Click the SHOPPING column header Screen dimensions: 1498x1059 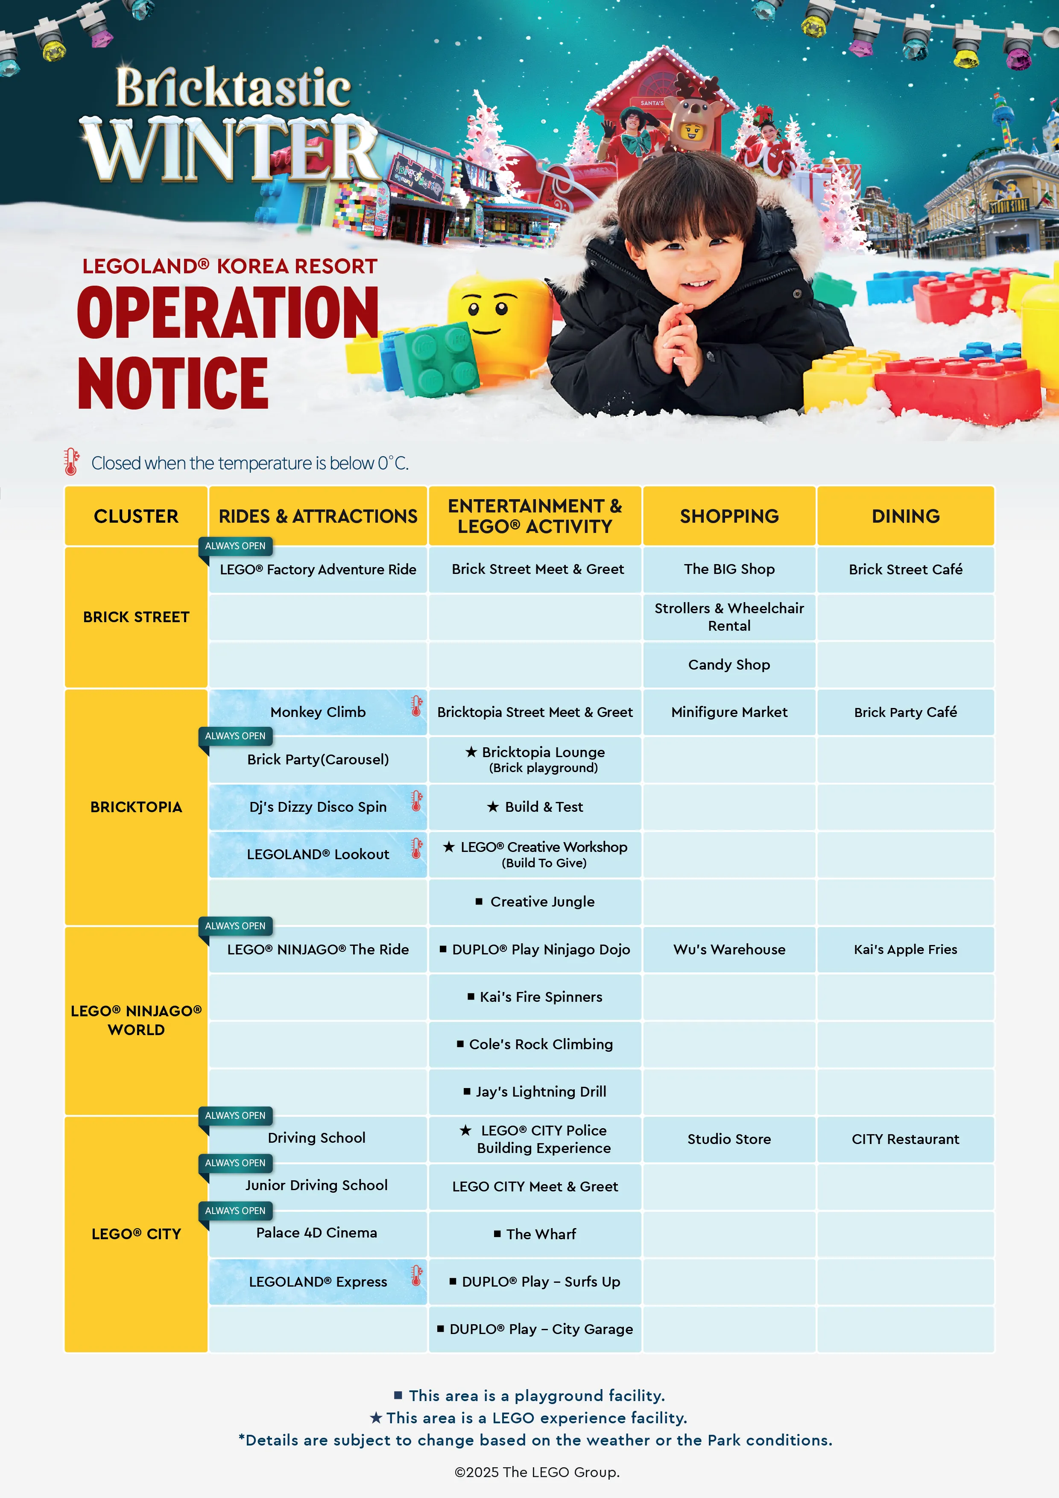729,516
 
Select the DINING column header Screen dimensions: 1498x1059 905,516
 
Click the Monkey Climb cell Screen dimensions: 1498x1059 318,712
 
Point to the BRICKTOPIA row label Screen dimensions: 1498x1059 136,807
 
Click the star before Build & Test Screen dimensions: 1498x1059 493,807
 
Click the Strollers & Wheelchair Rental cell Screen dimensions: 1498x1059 729,617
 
